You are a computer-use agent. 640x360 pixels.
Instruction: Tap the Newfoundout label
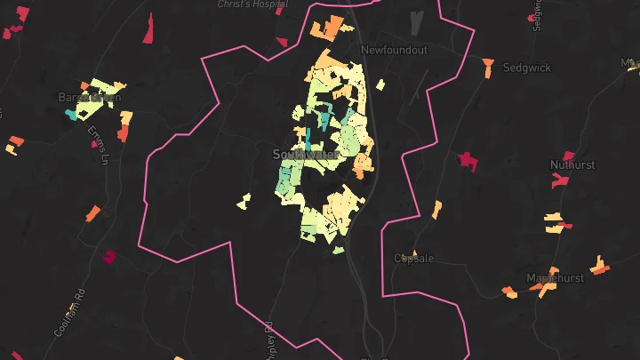tap(396, 51)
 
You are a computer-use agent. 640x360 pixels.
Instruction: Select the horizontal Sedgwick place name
tap(527, 68)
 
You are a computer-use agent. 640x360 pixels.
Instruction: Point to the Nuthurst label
tap(572, 165)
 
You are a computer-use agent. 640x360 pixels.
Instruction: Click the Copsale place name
tap(414, 259)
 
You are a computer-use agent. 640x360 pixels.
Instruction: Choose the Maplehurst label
tap(556, 278)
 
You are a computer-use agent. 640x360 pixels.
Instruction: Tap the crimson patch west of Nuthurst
tap(468, 162)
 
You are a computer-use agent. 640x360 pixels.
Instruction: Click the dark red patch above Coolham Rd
tap(109, 257)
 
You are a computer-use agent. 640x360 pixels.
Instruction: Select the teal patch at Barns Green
tap(71, 115)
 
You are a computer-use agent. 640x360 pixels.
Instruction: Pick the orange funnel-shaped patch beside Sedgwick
tap(488, 64)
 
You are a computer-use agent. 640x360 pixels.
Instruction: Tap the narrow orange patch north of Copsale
tap(436, 210)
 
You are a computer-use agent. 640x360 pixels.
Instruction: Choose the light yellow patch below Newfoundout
tap(380, 85)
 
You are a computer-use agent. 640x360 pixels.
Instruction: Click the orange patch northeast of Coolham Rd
tap(92, 213)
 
